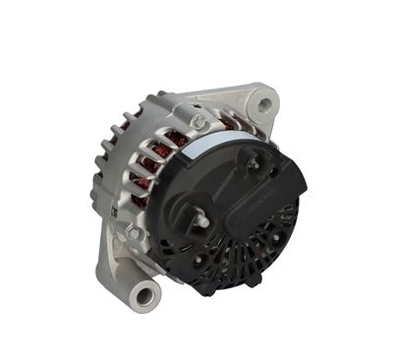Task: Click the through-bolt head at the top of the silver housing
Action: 199,122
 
